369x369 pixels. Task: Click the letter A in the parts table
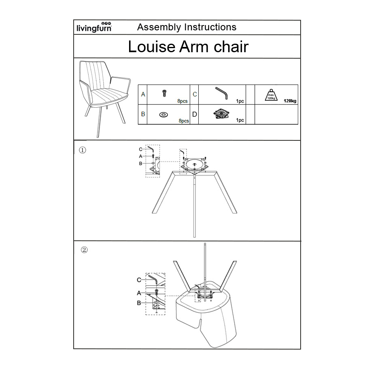(143, 94)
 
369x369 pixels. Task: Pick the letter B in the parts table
(143, 114)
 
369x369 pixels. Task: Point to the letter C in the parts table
(195, 94)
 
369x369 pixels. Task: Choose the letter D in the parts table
(195, 115)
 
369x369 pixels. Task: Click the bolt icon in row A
(164, 93)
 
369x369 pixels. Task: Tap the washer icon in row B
(164, 115)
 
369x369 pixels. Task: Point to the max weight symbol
(271, 95)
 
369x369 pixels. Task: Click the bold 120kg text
(290, 101)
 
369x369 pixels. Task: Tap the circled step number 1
(82, 150)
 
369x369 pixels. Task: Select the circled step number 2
(84, 250)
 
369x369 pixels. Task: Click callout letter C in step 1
(141, 149)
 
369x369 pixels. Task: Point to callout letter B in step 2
(139, 303)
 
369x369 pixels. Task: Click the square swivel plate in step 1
(195, 165)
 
